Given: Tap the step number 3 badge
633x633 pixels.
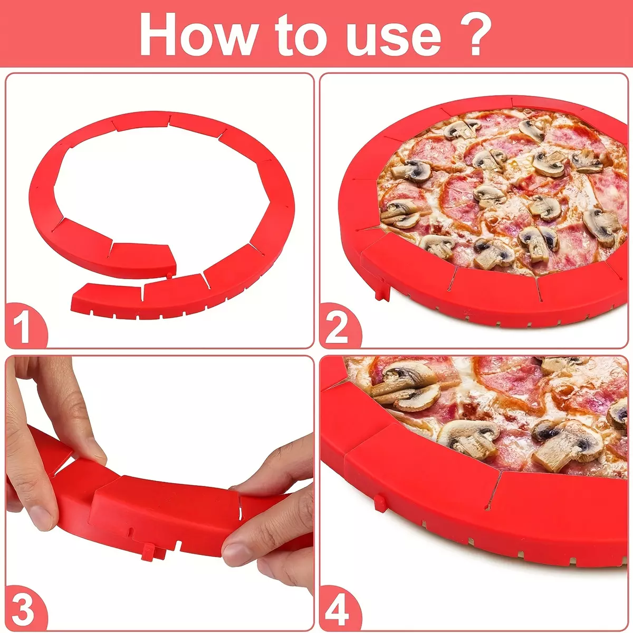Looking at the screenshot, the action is [x=25, y=607].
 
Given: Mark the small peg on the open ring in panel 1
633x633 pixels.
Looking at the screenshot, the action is [x=169, y=274].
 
